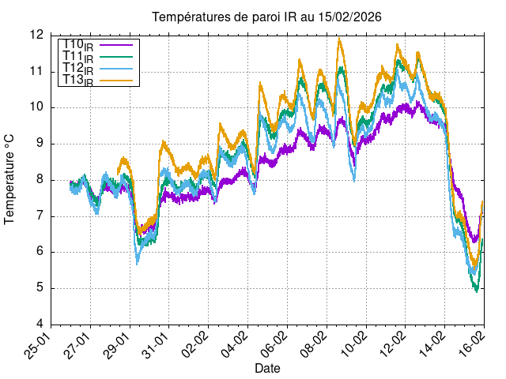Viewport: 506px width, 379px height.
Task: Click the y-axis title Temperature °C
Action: (10, 179)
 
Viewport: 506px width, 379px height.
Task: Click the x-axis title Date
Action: (267, 368)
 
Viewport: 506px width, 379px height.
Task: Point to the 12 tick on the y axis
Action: (36, 35)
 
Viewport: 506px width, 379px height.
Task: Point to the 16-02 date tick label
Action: (473, 346)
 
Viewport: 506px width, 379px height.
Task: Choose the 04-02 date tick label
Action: (236, 346)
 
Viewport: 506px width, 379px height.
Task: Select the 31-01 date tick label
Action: (157, 346)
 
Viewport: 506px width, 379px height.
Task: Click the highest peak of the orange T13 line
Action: (339, 39)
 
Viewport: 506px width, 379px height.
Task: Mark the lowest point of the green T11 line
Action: (477, 291)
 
